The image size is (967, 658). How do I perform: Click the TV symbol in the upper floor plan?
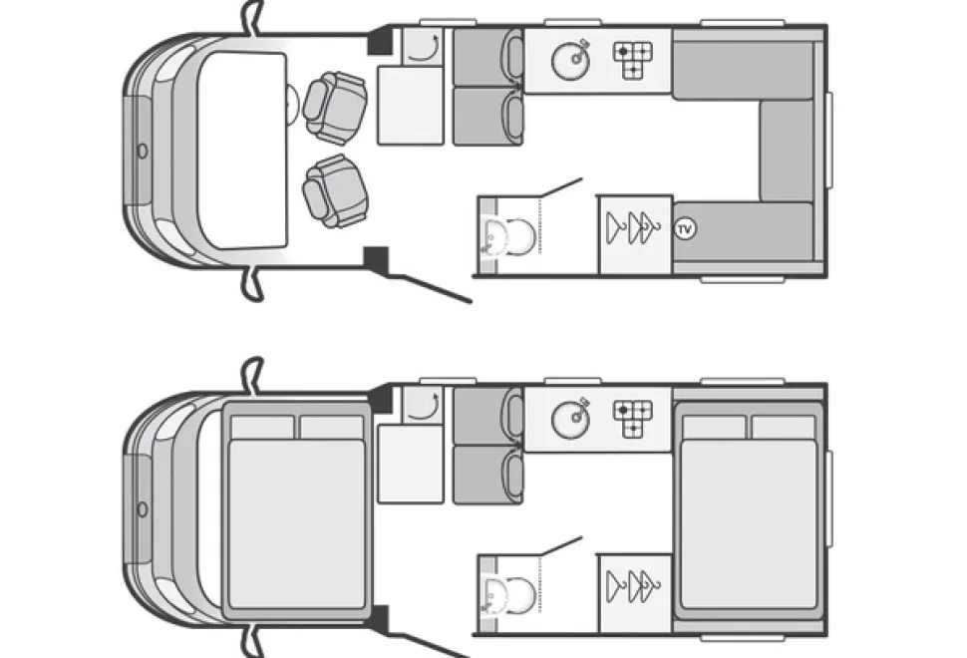point(685,229)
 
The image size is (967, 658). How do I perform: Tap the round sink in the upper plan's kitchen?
point(570,61)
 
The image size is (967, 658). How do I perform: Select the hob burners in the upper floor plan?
point(633,60)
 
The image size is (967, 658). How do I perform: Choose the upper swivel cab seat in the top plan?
point(335,108)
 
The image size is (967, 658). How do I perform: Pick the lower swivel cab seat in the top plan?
point(335,191)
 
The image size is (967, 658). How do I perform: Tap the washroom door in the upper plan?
point(560,188)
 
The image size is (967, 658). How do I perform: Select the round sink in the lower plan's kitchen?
point(570,420)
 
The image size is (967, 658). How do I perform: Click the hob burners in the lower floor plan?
point(633,418)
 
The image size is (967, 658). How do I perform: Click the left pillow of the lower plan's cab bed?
point(263,428)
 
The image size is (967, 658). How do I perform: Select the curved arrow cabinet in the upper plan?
point(423,46)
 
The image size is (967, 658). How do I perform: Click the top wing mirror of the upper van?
point(252,17)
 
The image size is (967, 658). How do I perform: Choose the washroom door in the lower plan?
point(560,546)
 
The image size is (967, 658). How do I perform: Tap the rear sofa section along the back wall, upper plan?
point(787,151)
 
